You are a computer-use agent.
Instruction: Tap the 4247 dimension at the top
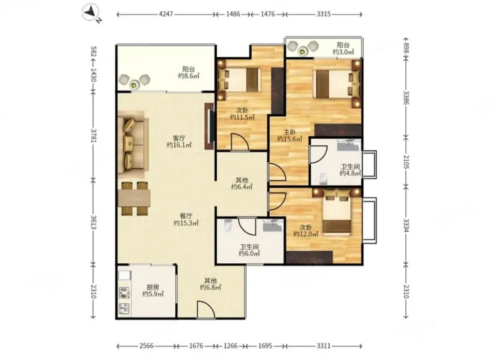tap(166, 14)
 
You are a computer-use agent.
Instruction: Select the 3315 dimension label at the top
tap(323, 14)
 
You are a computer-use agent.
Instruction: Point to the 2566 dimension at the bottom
tap(147, 346)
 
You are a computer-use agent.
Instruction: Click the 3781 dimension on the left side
tap(93, 136)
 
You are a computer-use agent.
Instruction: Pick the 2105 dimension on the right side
tap(406, 162)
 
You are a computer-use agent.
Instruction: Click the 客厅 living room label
tap(179, 138)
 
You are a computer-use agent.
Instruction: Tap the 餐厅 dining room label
tap(186, 216)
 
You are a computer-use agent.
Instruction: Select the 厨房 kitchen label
tap(153, 287)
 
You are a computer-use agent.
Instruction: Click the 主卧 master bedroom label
tap(290, 132)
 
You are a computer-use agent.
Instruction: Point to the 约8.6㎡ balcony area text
tap(188, 76)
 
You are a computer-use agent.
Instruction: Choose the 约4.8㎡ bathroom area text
tap(350, 173)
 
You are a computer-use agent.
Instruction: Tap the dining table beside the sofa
tap(134, 198)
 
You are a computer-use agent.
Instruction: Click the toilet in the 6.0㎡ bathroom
tap(228, 225)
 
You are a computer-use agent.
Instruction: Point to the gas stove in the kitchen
tap(124, 293)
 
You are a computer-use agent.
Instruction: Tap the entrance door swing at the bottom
tap(206, 309)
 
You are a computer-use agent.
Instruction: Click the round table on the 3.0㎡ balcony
tap(302, 51)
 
